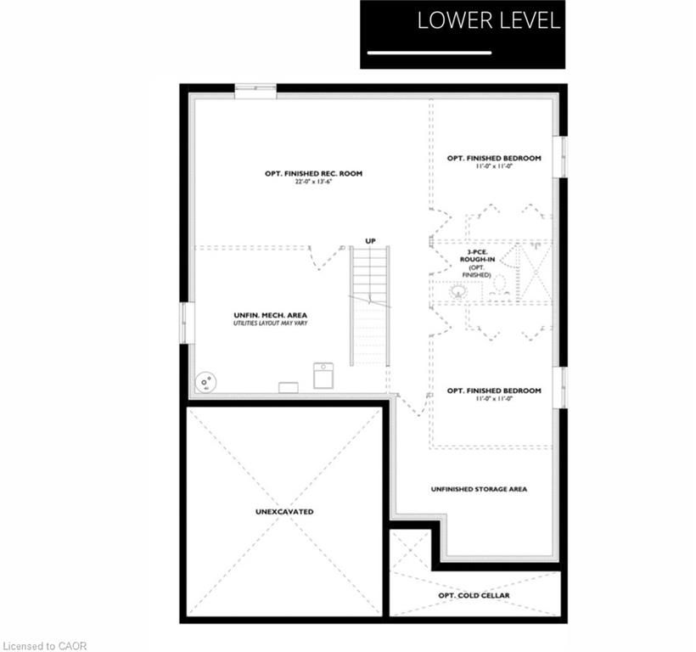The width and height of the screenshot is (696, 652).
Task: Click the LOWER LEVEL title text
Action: pyautogui.click(x=489, y=21)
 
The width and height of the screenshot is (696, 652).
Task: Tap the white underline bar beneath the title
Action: pyautogui.click(x=429, y=53)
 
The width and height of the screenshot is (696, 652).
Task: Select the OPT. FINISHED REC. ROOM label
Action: pyautogui.click(x=313, y=173)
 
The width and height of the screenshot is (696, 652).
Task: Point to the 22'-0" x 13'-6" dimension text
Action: pyautogui.click(x=313, y=182)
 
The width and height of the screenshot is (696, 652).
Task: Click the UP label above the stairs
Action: pyautogui.click(x=370, y=241)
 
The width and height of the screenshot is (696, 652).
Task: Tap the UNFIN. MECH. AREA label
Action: pyautogui.click(x=270, y=315)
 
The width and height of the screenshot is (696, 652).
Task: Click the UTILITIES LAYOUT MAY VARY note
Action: pyautogui.click(x=270, y=323)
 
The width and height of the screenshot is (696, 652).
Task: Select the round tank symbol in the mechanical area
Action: pyautogui.click(x=206, y=382)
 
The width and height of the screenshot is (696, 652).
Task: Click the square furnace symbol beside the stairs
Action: pyautogui.click(x=323, y=375)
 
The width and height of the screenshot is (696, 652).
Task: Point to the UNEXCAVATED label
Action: pyautogui.click(x=284, y=512)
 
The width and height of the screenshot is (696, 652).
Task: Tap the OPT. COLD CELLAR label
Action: pyautogui.click(x=474, y=595)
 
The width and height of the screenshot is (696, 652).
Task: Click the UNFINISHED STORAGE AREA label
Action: pyautogui.click(x=479, y=489)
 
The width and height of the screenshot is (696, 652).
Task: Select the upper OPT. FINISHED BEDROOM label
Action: pyautogui.click(x=494, y=158)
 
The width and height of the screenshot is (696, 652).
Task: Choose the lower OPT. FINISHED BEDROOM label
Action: pyautogui.click(x=494, y=391)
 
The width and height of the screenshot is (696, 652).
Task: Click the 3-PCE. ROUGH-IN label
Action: pyautogui.click(x=477, y=256)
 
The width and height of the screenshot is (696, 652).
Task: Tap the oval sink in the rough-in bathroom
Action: pyautogui.click(x=458, y=291)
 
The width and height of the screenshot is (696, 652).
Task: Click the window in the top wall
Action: pyautogui.click(x=255, y=91)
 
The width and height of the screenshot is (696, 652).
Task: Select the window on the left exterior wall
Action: pyautogui.click(x=187, y=323)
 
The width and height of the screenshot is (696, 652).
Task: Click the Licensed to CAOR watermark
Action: pyautogui.click(x=45, y=646)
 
